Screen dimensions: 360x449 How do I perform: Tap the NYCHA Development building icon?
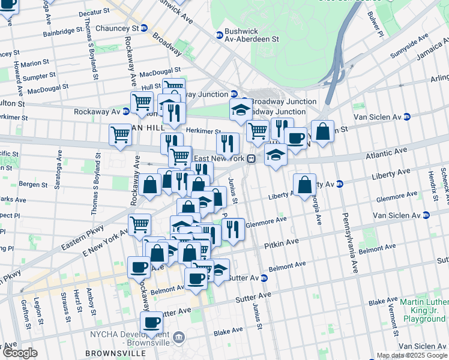(178, 338)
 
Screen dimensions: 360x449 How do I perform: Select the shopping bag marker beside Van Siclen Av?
(322, 131)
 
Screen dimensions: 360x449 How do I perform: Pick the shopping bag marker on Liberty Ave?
(304, 185)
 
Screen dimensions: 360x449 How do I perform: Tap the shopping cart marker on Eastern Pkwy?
(139, 224)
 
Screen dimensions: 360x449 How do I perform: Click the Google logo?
(19, 353)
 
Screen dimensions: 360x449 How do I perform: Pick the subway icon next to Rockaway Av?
(126, 112)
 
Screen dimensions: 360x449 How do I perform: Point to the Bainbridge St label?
(63, 29)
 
